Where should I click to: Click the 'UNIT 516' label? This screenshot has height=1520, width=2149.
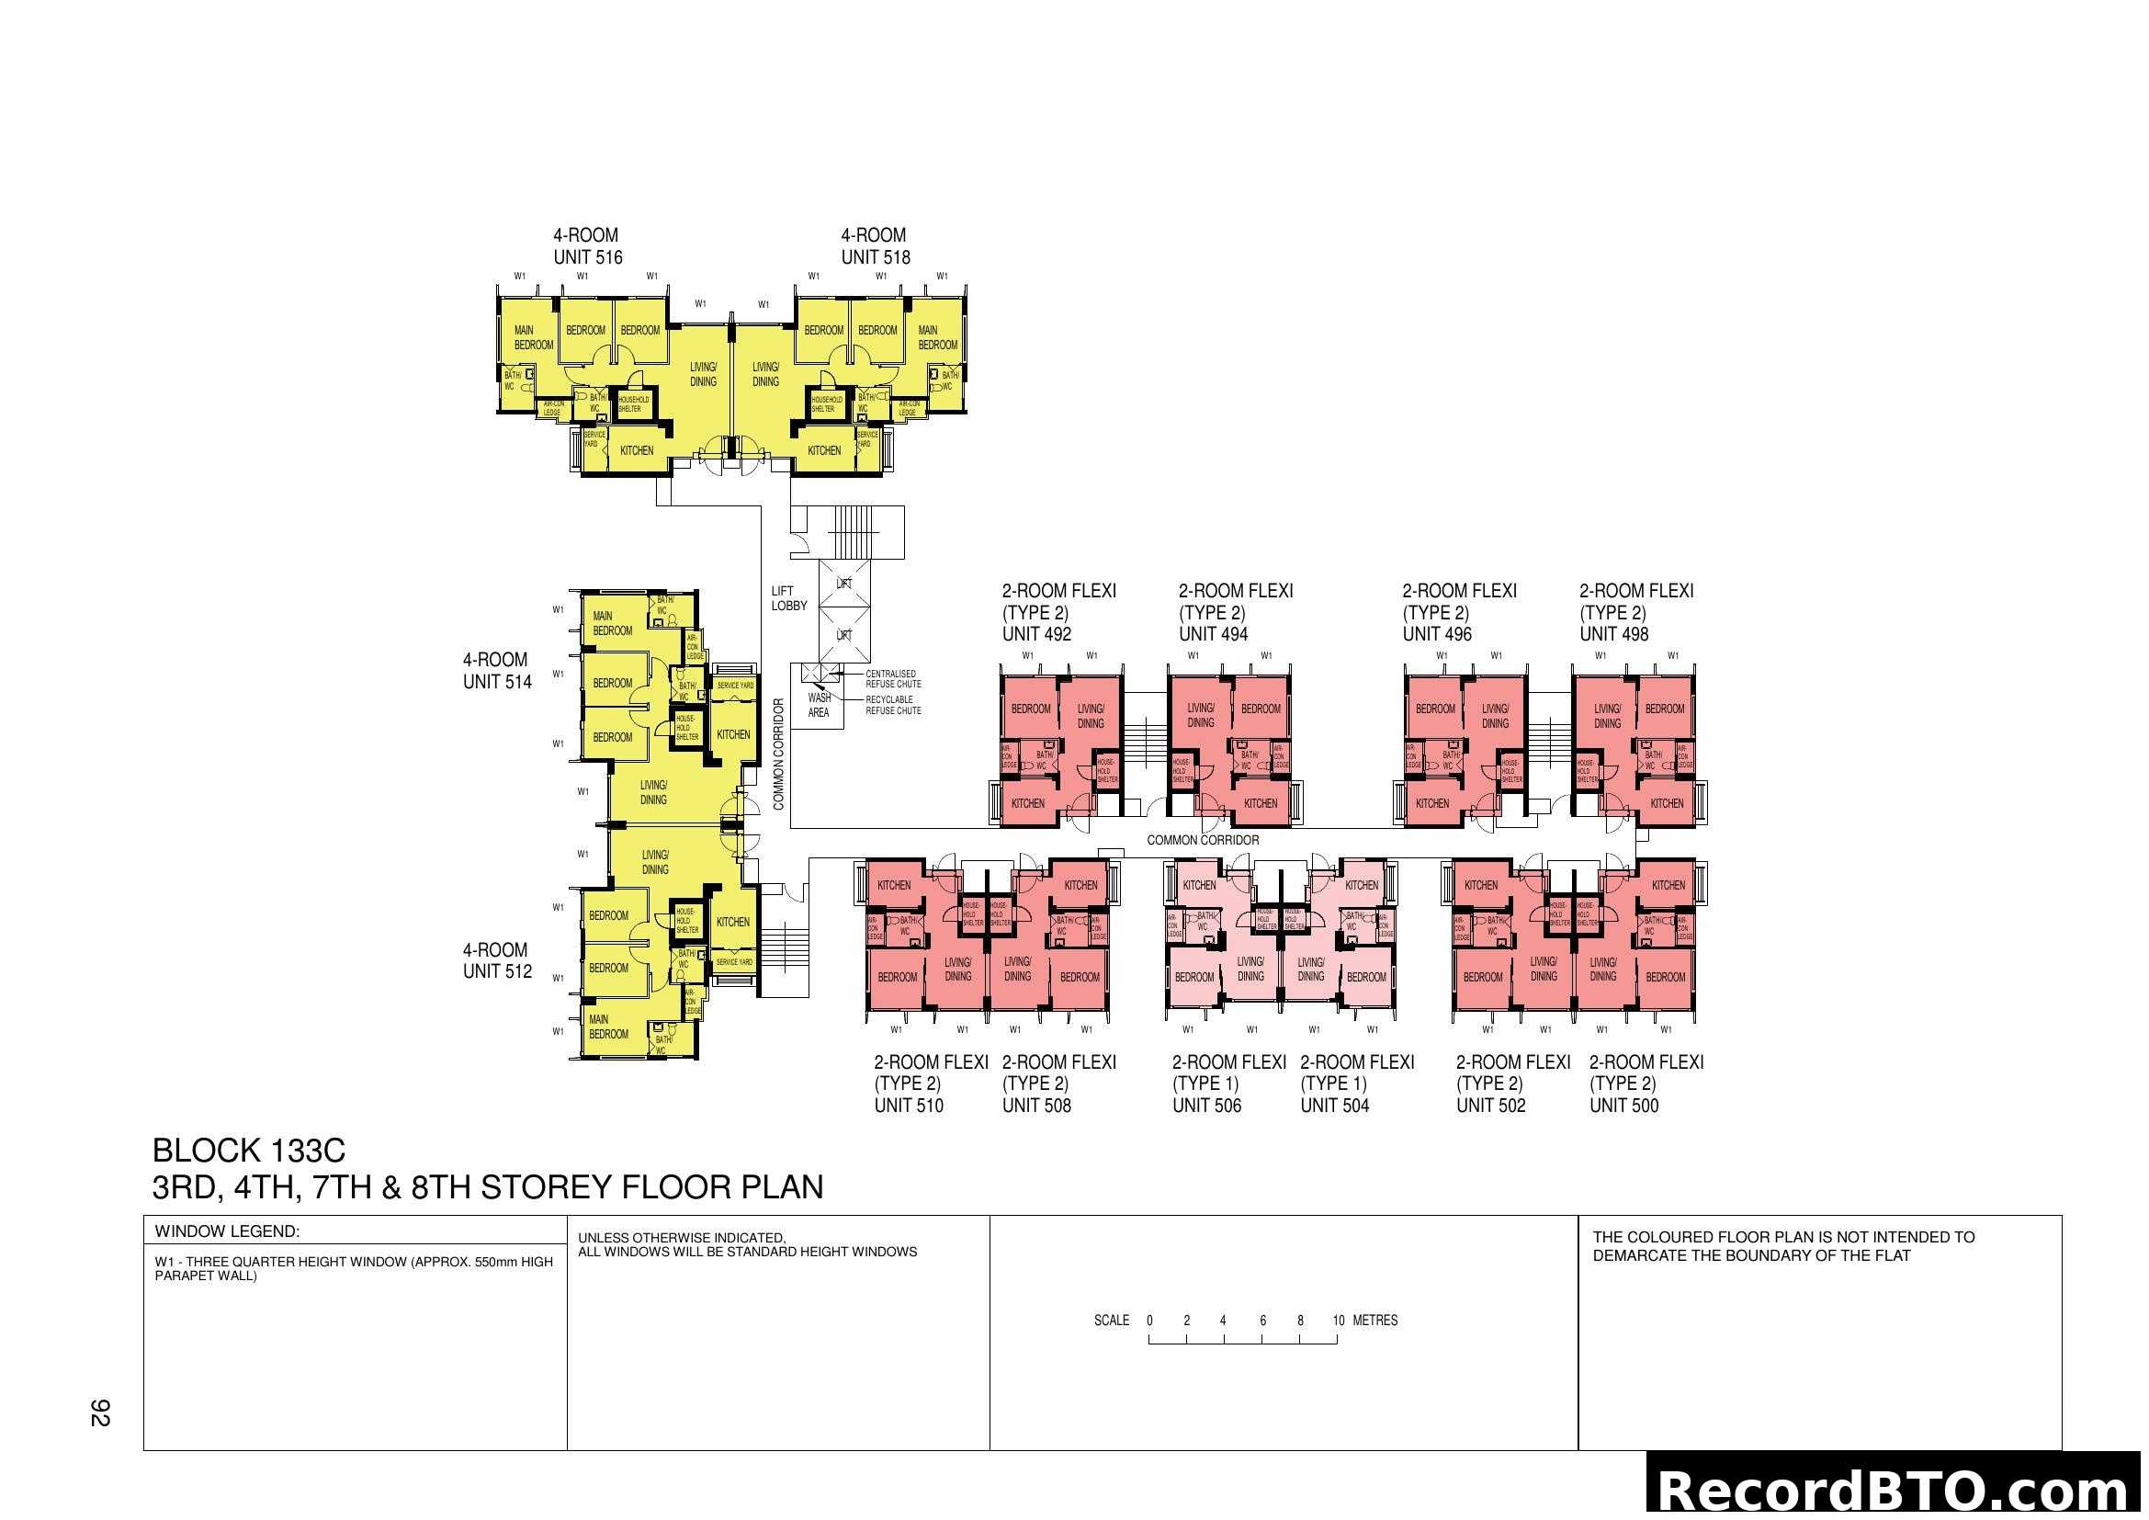pos(588,257)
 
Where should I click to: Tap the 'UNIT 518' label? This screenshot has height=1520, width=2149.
pos(876,257)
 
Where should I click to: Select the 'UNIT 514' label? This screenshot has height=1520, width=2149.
pos(497,682)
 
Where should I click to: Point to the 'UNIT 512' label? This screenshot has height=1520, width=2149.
pos(497,971)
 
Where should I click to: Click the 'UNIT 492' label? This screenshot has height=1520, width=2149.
pos(1036,635)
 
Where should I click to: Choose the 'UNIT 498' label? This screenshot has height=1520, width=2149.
pos(1613,635)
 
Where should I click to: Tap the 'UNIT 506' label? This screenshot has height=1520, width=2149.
pos(1206,1106)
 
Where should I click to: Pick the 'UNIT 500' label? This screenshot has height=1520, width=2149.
pos(1623,1106)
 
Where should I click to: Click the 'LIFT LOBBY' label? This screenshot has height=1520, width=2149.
pos(788,598)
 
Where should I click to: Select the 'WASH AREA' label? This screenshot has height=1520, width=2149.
pos(819,705)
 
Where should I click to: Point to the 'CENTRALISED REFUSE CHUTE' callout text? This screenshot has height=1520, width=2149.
pos(893,678)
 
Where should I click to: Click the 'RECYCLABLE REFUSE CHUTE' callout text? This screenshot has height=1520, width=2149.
pos(893,705)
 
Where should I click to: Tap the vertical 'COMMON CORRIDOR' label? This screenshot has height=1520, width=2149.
pos(779,754)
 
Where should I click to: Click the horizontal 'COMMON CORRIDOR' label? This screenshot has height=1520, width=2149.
pos(1203,841)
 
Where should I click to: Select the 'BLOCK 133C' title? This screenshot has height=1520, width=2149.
pos(249,1151)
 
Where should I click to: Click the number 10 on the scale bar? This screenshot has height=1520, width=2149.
pos(1339,1321)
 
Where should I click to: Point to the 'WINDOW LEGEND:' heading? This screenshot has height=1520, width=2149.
pos(228,1231)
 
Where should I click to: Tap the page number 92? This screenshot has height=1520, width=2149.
pos(100,1413)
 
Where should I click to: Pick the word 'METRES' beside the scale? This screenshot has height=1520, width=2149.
pos(1375,1321)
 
